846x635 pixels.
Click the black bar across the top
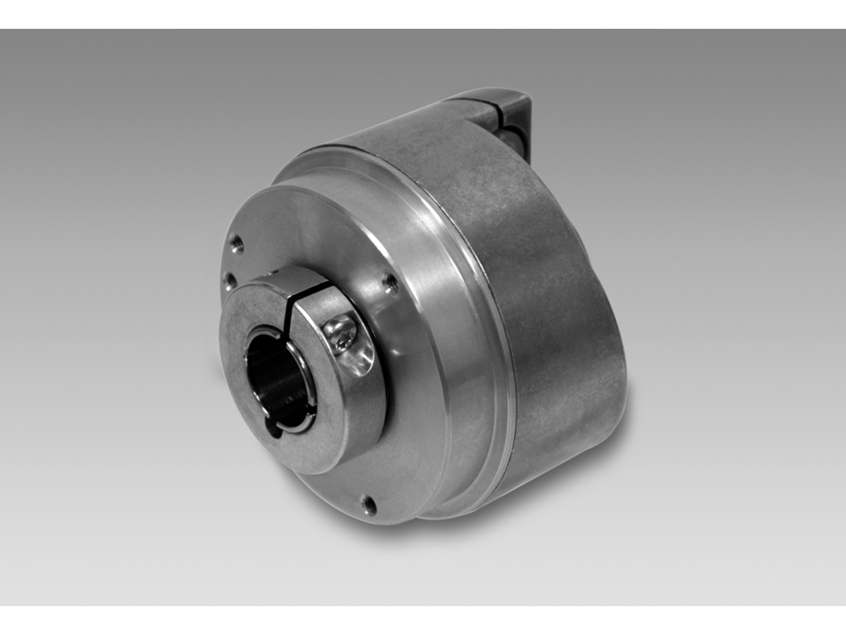(423, 14)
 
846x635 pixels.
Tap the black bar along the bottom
(423, 620)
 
